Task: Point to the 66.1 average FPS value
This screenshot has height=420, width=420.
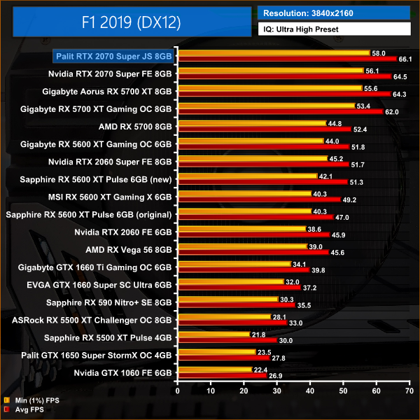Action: [x=406, y=59]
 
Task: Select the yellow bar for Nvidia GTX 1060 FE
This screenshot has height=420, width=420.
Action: [x=215, y=369]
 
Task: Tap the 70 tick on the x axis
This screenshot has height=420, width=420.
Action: [x=408, y=390]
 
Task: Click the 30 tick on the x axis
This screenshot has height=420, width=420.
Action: [x=276, y=390]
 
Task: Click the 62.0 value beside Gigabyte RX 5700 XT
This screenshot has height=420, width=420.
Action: [x=392, y=111]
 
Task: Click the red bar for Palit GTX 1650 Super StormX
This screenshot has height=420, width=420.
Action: [x=223, y=358]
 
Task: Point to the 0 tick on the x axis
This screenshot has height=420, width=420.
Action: [x=178, y=390]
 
